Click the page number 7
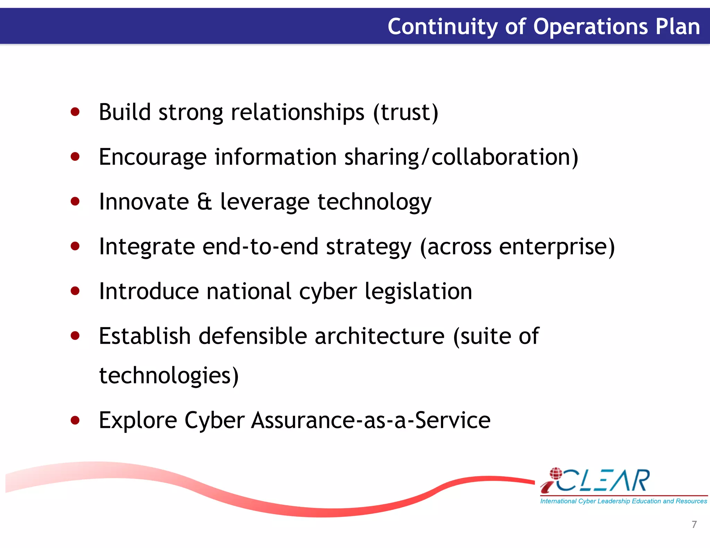pos(694,524)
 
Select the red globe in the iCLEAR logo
pos(556,473)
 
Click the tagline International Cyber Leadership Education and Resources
pos(623,501)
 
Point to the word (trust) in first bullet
pos(406,113)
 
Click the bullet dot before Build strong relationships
pos(75,112)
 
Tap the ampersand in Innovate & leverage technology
pos(205,202)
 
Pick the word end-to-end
pos(260,247)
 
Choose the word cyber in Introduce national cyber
pos(328,292)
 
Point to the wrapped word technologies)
pos(169,375)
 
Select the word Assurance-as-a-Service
pos(371,420)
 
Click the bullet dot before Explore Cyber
pos(75,420)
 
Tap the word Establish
pos(145,336)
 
